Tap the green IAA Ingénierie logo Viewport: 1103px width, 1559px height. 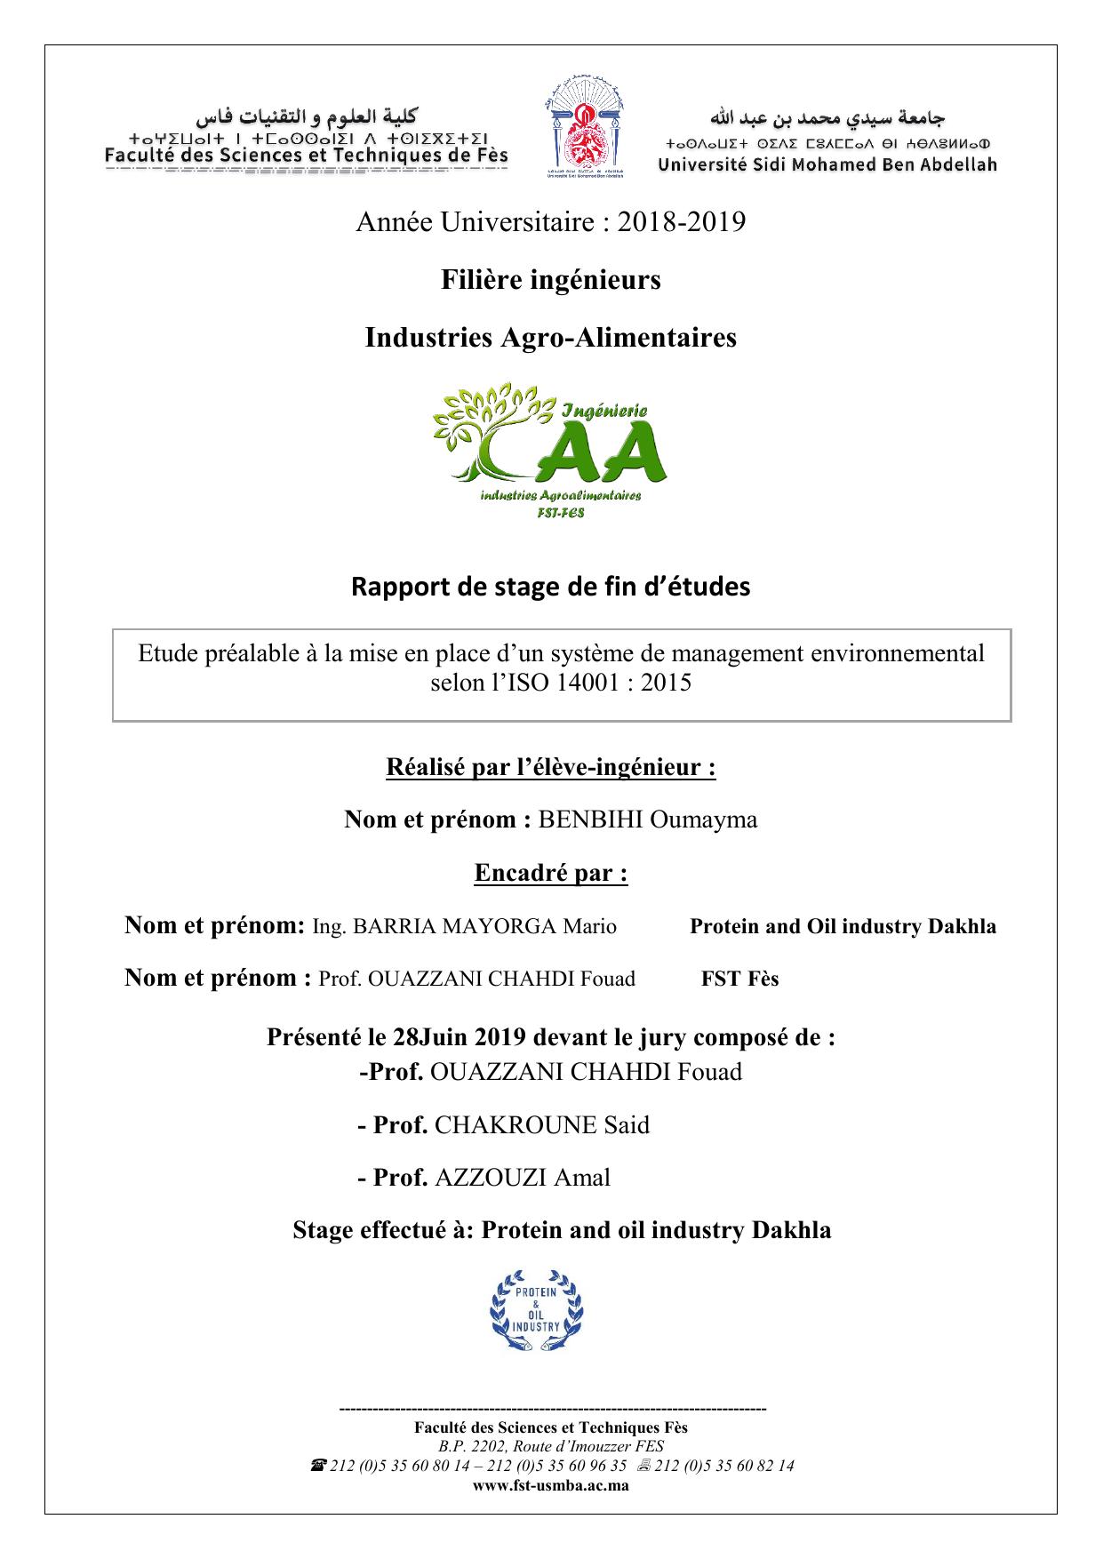coord(550,451)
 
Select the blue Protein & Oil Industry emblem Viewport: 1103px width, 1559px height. coord(537,1312)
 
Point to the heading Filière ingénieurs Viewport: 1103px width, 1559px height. coord(551,280)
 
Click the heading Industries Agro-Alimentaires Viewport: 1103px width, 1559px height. coord(551,338)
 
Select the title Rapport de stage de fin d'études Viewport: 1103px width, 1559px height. coord(551,587)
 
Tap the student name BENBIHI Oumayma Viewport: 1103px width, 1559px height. coord(648,819)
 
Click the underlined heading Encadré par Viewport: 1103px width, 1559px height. coord(551,873)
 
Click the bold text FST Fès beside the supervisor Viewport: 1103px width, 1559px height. coord(739,979)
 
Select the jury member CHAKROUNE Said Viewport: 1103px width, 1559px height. coord(542,1125)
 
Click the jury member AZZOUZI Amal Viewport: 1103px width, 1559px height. coord(523,1179)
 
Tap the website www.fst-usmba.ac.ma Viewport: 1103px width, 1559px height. coord(551,1485)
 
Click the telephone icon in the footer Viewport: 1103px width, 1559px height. coord(317,1466)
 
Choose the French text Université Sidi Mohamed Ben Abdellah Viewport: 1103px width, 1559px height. coord(827,164)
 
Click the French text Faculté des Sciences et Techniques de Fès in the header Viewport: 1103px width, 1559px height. coord(307,156)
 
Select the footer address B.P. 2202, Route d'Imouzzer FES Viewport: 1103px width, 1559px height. coord(551,1446)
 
